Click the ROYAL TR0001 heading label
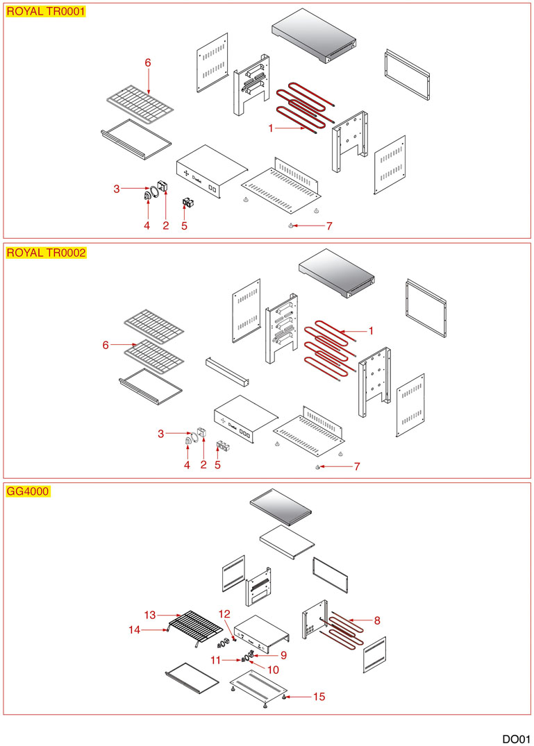tap(46, 12)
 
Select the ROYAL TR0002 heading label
tap(46, 253)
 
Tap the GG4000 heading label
tap(28, 491)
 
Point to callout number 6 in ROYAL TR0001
tap(148, 62)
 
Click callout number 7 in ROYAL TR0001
tap(329, 226)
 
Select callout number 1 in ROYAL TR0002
tap(371, 330)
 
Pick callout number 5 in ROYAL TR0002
tap(217, 465)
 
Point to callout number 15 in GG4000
tap(319, 696)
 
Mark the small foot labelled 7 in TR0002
tap(318, 467)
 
